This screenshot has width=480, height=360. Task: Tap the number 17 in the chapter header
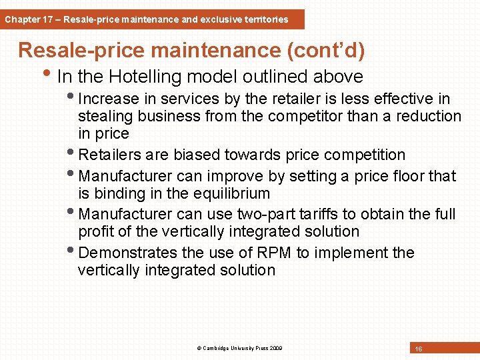pyautogui.click(x=49, y=19)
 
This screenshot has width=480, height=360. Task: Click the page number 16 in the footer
pyautogui.click(x=419, y=349)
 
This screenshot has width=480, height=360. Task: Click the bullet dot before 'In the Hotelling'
pyautogui.click(x=52, y=73)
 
